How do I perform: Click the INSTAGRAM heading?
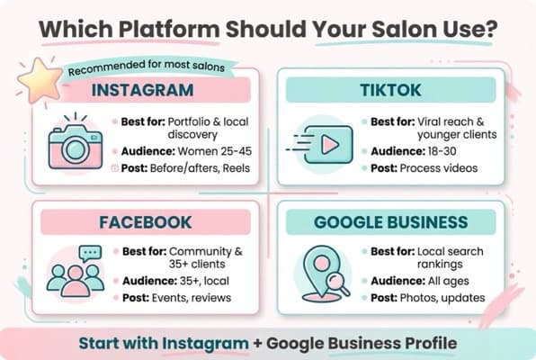pyautogui.click(x=142, y=90)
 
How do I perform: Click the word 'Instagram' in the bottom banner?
pyautogui.click(x=206, y=343)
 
